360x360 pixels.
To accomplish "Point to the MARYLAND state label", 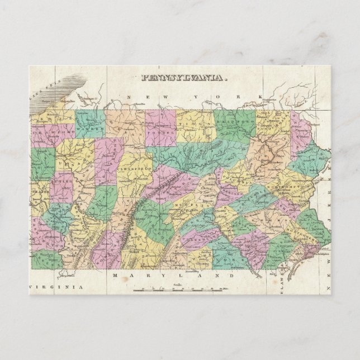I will [x=173, y=276].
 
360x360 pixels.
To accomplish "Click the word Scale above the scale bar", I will [x=178, y=285].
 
